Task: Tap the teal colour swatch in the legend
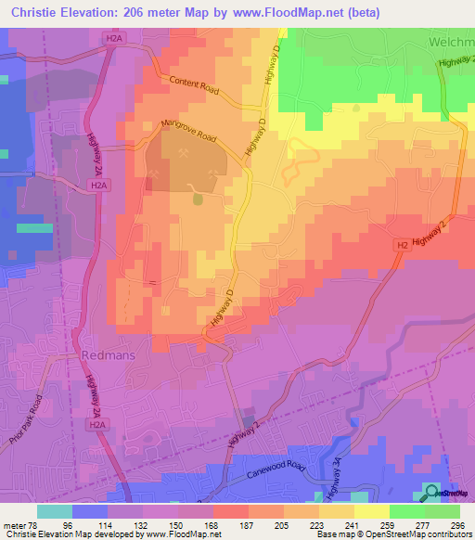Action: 55,511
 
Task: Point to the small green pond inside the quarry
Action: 197,199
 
